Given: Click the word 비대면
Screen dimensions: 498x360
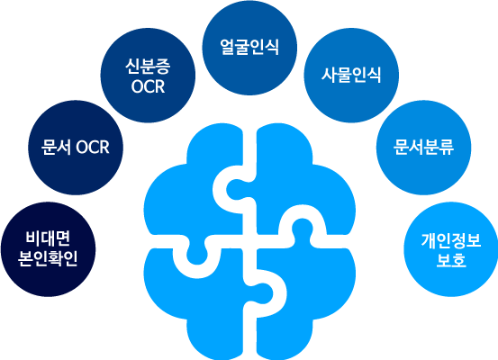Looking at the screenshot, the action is tap(48, 239).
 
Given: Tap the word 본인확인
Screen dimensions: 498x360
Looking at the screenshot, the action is tap(48, 258).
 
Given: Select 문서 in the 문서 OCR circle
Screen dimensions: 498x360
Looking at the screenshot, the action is tap(56, 147).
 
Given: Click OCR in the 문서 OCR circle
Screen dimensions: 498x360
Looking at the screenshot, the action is tap(93, 148).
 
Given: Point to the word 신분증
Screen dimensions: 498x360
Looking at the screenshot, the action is tap(148, 67).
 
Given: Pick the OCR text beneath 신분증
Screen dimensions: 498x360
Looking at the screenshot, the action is tap(148, 86).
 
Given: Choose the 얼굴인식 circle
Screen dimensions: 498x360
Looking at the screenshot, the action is tap(249, 48).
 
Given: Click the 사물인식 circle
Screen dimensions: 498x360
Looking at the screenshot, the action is tap(351, 76).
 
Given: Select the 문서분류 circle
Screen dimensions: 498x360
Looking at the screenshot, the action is tap(423, 148).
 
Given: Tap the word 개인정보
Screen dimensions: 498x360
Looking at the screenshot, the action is tap(451, 240).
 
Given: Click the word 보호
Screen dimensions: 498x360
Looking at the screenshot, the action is tap(451, 260).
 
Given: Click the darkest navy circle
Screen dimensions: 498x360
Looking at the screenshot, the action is tap(49, 249).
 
